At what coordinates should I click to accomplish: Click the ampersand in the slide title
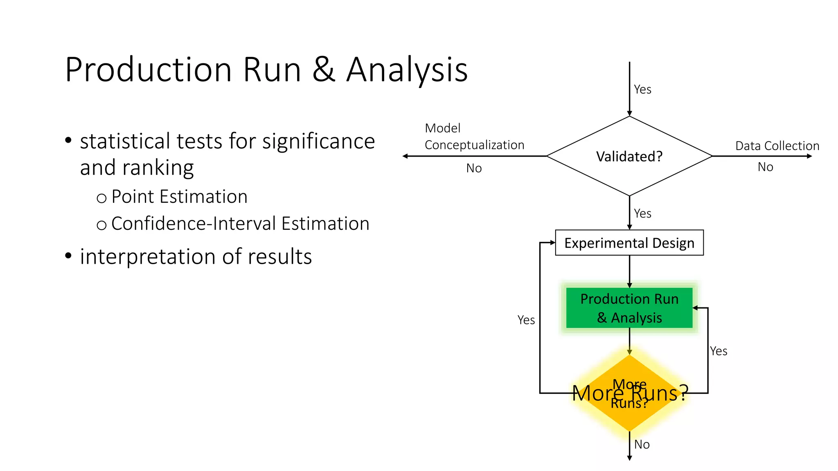(324, 70)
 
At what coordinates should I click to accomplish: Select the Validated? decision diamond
(629, 156)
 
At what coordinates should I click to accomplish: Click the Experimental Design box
(629, 243)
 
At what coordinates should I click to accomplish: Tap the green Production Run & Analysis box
(629, 308)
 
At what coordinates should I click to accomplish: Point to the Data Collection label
(777, 146)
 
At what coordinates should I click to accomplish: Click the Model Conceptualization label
(474, 137)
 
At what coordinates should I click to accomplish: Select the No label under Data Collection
(765, 167)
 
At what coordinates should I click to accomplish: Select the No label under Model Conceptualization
(474, 168)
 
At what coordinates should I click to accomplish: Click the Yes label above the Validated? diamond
(642, 90)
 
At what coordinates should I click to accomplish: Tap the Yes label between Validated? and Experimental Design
(642, 213)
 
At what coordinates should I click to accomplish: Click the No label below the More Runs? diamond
(642, 444)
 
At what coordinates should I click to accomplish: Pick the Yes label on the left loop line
(526, 320)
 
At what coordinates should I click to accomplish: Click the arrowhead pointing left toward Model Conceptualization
(405, 156)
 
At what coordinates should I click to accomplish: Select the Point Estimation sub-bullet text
(179, 197)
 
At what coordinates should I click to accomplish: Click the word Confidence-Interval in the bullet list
(194, 224)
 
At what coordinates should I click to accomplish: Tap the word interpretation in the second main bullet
(147, 257)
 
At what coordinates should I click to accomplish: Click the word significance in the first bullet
(318, 141)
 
